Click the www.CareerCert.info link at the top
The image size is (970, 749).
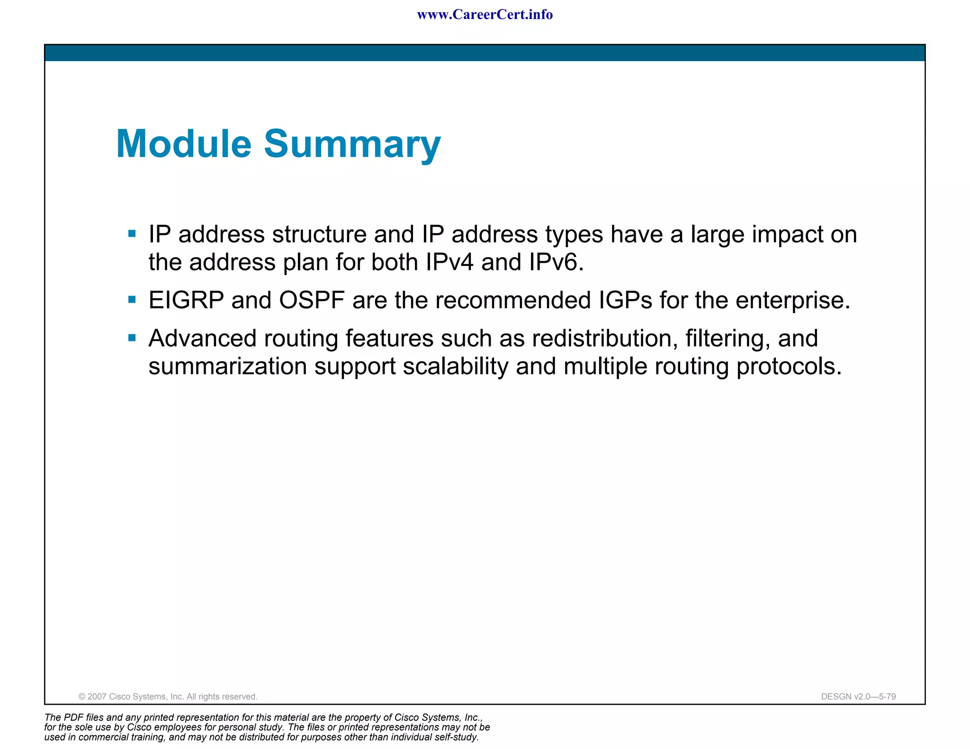pos(485,15)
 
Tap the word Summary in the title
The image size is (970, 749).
pos(352,144)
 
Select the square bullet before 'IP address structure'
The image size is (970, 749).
pos(132,233)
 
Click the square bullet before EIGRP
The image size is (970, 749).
pos(132,299)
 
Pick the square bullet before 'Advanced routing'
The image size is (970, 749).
pos(132,338)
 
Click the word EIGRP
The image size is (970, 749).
pos(186,300)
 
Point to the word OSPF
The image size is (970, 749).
pos(312,300)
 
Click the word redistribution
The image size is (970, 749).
pos(602,339)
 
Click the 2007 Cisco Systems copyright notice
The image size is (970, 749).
pos(168,696)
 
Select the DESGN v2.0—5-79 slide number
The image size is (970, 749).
pos(858,696)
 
